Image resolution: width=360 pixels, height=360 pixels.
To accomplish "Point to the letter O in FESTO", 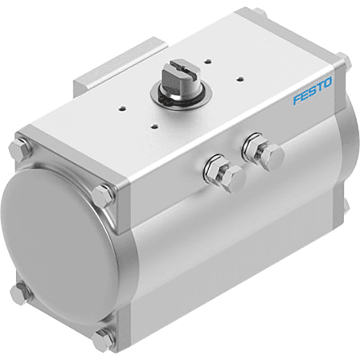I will [327, 84].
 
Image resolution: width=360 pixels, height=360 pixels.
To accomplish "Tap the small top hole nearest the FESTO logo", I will [239, 78].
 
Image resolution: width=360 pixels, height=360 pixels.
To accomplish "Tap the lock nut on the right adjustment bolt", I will [254, 147].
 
